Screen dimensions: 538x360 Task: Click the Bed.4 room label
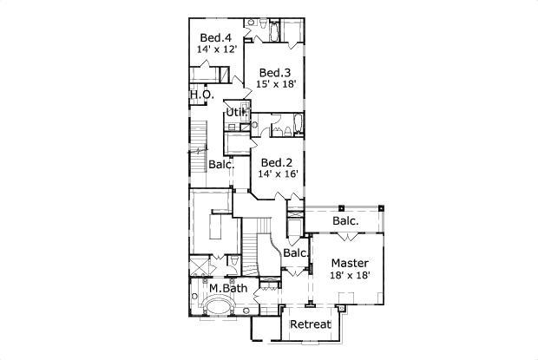tap(216, 37)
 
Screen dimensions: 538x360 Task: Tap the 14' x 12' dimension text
tap(217, 49)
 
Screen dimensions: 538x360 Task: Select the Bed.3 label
tap(275, 73)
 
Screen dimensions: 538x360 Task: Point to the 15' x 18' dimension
tap(276, 84)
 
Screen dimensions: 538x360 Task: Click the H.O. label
tap(202, 95)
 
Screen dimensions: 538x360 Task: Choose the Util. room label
tap(236, 112)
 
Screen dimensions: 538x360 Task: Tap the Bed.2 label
tap(277, 162)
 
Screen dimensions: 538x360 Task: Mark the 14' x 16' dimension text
tap(278, 173)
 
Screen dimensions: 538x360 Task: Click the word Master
tap(350, 263)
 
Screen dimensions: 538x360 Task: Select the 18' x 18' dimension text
tap(350, 275)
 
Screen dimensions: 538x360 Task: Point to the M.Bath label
tap(228, 288)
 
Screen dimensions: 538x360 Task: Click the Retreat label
tap(311, 324)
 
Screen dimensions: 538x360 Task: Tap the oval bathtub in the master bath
tap(218, 305)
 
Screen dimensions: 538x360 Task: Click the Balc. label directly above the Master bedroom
tap(346, 221)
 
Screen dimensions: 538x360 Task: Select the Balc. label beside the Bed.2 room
tap(221, 164)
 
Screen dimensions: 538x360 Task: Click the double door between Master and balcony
tap(348, 236)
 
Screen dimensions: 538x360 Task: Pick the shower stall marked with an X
tap(199, 266)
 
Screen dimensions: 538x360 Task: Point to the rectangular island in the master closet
tap(216, 227)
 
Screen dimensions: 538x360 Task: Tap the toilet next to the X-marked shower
tap(234, 260)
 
